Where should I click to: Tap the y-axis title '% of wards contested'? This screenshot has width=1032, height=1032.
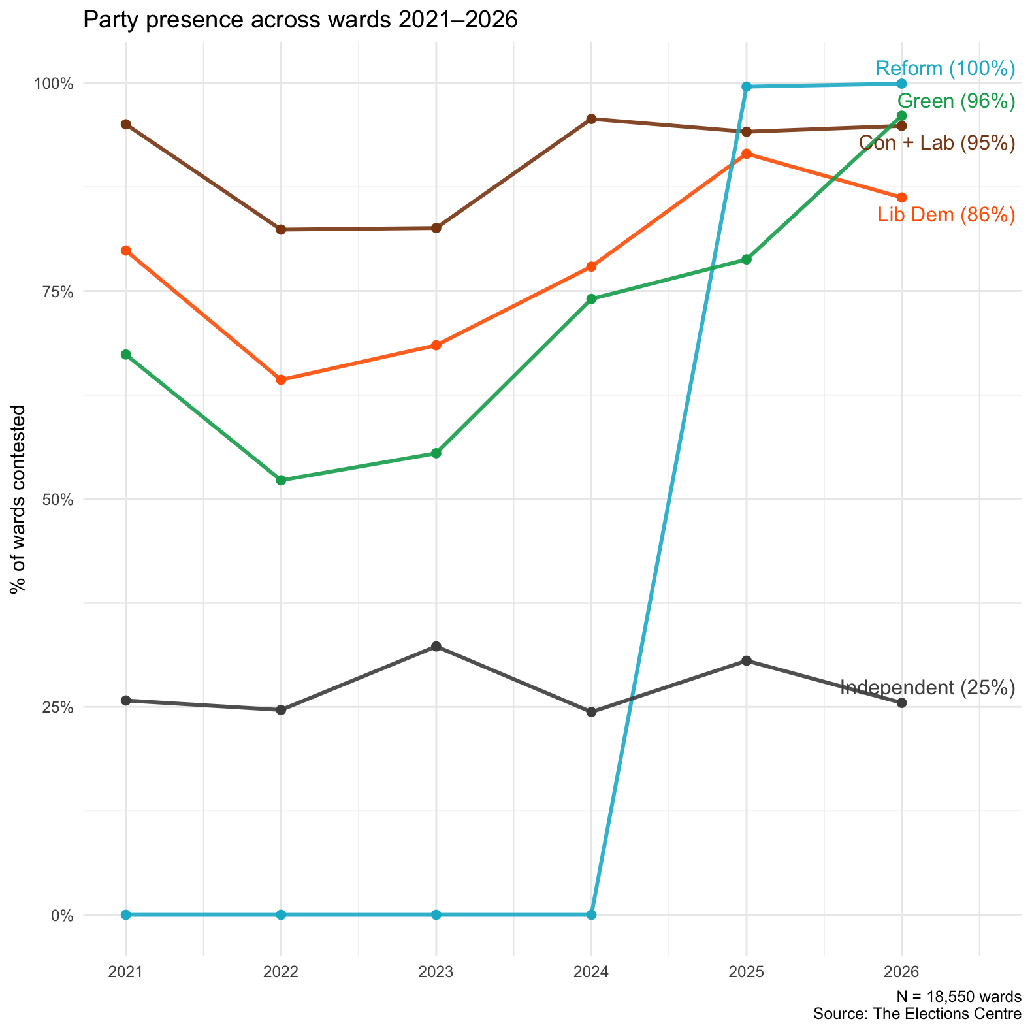point(19,499)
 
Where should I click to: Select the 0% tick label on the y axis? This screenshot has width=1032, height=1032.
point(62,915)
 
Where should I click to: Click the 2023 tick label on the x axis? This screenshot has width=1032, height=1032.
point(436,972)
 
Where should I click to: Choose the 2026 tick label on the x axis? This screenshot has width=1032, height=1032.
point(901,972)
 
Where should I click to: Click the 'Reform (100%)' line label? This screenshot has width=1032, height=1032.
point(945,69)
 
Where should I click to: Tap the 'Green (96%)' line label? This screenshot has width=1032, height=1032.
point(956,101)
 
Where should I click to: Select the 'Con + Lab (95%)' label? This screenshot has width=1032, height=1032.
point(937,143)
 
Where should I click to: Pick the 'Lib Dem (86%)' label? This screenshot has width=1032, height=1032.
point(946,215)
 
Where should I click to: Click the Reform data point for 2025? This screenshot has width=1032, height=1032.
point(747,87)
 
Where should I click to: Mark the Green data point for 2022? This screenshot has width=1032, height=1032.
point(281,480)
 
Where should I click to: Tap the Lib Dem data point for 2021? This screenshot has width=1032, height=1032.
point(126,250)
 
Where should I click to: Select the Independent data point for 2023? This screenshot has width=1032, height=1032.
point(436,647)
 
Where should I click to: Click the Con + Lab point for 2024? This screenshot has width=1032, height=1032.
point(591,119)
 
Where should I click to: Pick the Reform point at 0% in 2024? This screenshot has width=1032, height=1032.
point(591,914)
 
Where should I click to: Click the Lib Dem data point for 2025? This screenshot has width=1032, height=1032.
point(747,153)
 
